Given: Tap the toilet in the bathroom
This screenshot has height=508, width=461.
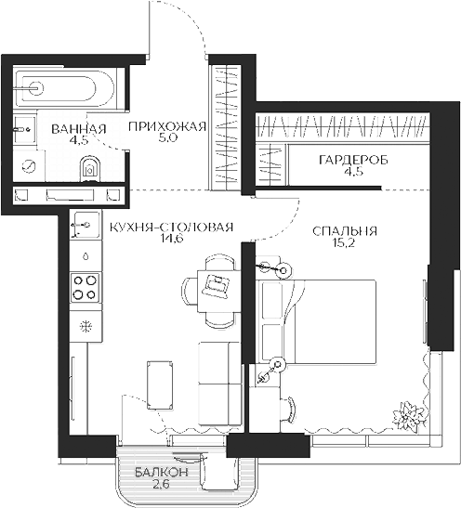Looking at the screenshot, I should (90, 168).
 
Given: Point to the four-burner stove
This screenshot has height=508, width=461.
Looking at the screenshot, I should (86, 286).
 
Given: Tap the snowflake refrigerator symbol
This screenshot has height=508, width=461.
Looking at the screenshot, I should (86, 327).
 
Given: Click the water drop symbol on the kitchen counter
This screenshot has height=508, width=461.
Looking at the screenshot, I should (85, 253).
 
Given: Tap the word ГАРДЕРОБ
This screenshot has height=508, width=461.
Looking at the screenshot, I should (352, 161).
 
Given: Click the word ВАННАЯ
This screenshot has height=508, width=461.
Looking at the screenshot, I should (79, 128).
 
